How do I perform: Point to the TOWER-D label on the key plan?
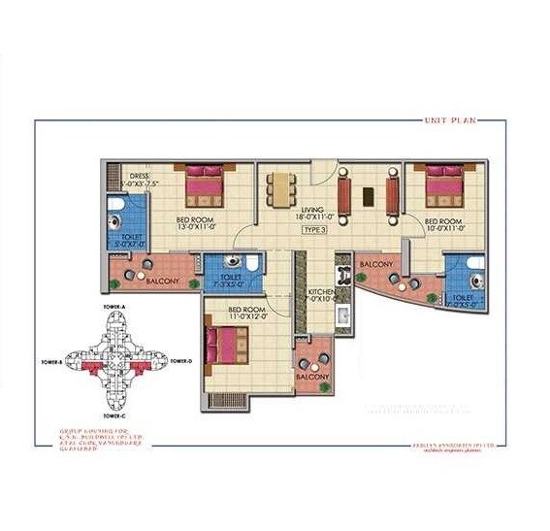182,361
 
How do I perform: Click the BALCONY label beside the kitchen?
376,264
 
